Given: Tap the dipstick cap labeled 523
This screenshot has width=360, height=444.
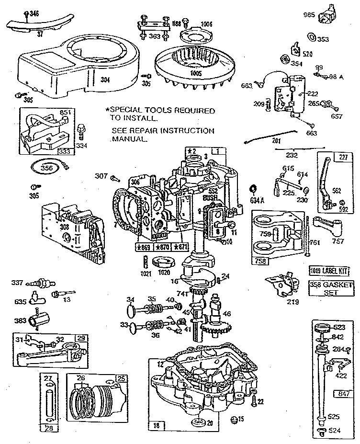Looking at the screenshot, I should [x=323, y=328].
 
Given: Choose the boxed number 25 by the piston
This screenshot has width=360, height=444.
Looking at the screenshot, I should [x=121, y=378].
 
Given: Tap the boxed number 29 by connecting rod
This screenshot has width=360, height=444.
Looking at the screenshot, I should [x=81, y=338].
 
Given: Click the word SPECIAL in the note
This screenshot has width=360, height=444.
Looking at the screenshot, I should [x=126, y=111].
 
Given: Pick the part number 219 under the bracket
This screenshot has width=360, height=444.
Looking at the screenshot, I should [x=292, y=302].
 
